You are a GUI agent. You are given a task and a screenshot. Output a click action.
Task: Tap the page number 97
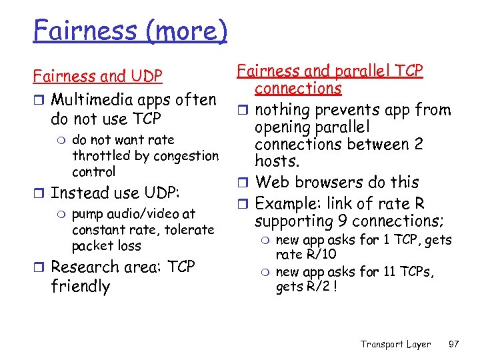pos(453,344)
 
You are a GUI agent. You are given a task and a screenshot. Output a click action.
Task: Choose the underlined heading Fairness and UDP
pos(98,77)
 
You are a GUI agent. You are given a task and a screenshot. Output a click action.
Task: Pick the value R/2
pos(317,287)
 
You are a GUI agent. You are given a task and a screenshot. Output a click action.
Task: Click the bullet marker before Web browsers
pos(244,183)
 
